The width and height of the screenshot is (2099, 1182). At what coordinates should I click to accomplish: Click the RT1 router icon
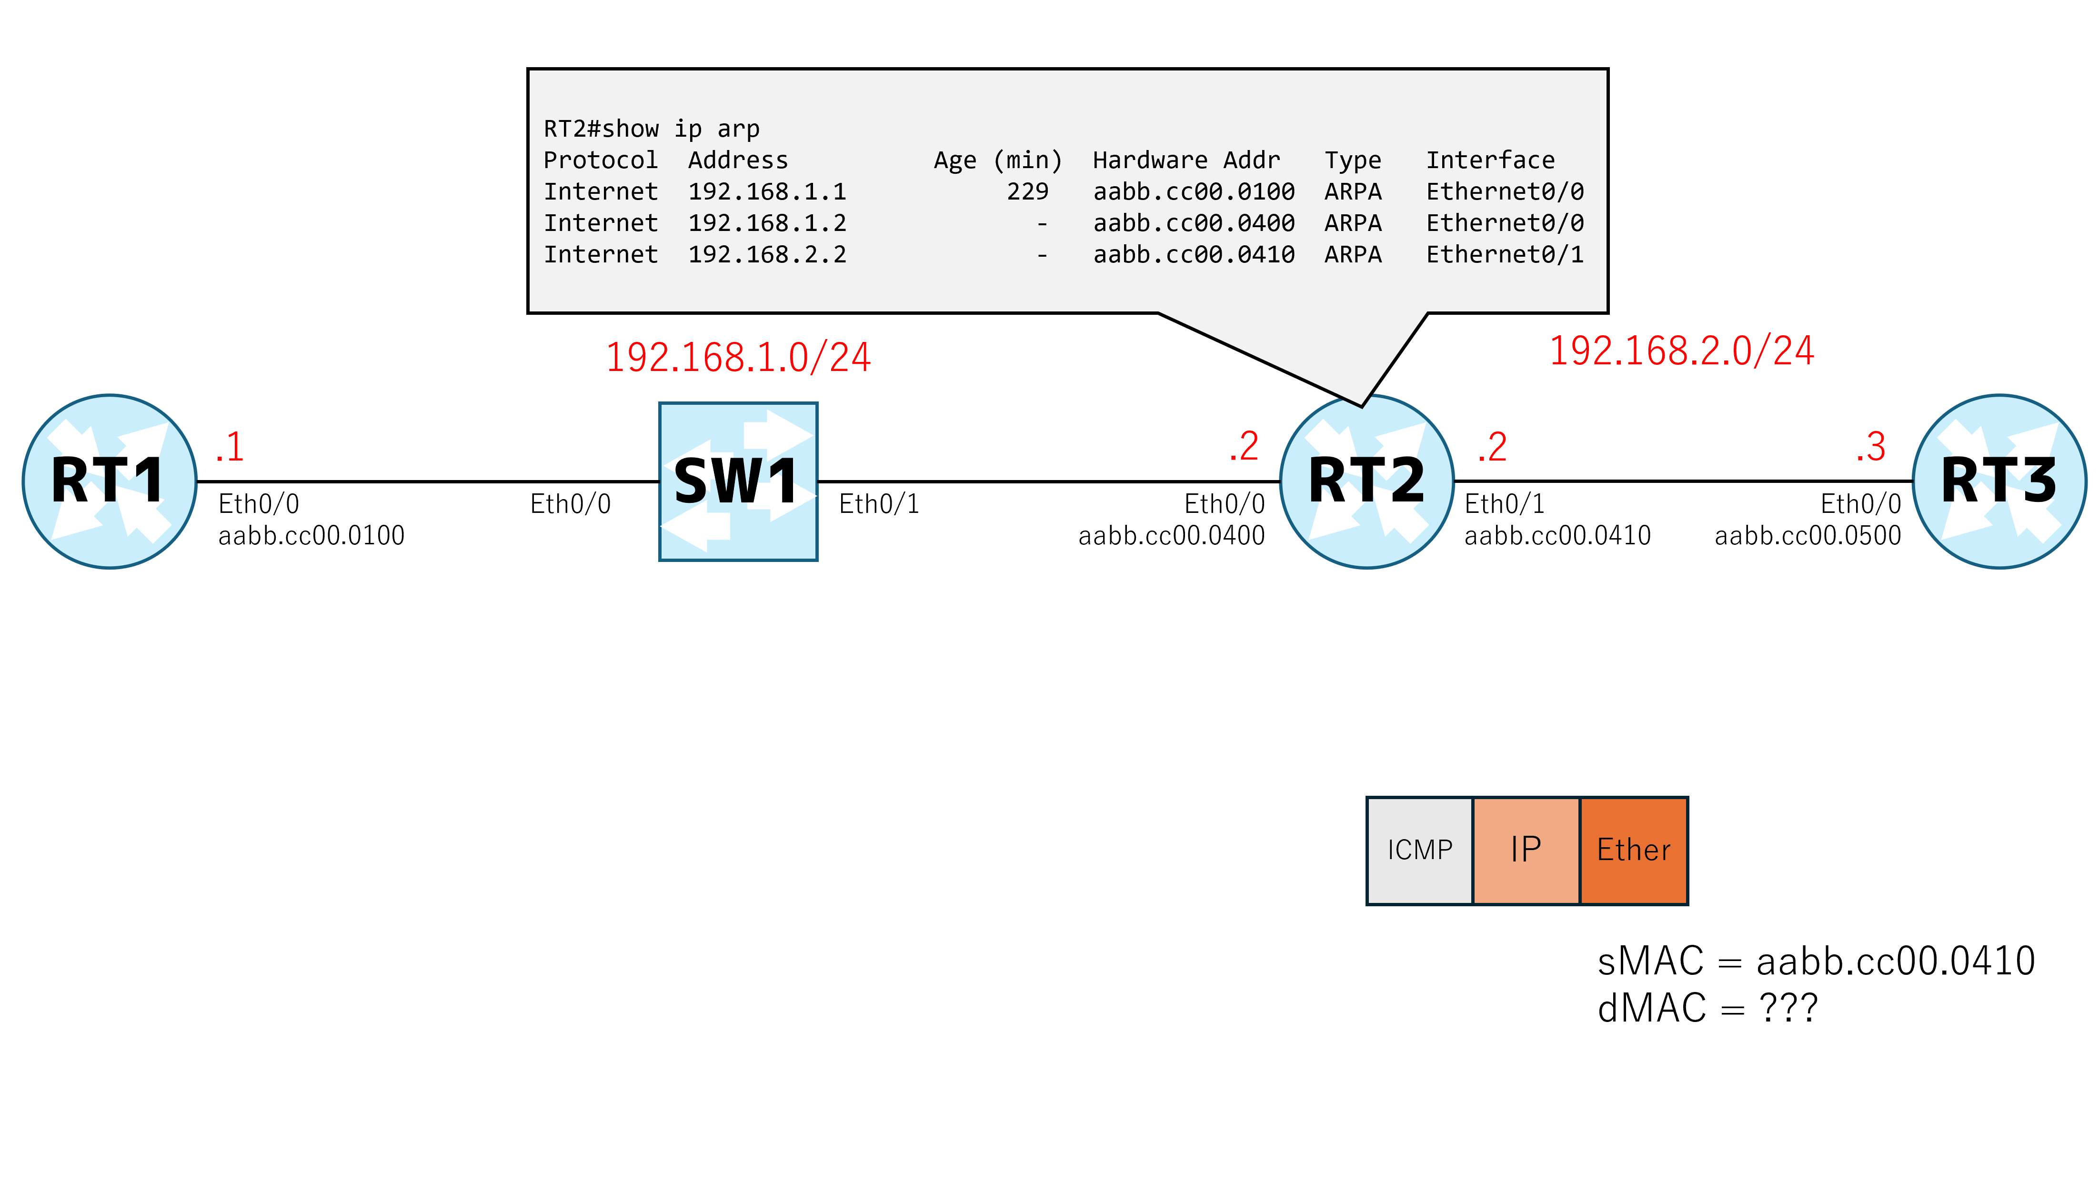pos(109,481)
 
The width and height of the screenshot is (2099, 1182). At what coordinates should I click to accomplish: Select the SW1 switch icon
pos(738,481)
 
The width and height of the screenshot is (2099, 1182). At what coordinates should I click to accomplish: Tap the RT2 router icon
pos(1367,481)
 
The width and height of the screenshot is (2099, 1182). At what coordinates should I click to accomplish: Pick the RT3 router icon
pos(1999,481)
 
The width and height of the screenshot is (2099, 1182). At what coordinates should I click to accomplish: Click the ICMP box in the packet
pos(1420,851)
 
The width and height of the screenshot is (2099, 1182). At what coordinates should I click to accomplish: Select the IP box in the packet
pos(1526,851)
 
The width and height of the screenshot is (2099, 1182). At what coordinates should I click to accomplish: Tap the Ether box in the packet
pos(1634,851)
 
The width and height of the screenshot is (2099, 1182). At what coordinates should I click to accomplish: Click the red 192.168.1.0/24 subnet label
pos(738,358)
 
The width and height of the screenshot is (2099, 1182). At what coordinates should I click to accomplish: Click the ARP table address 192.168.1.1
pos(768,191)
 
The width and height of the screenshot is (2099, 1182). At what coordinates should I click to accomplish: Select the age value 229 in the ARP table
pos(1027,191)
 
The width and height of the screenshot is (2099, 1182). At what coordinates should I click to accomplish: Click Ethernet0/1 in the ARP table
pos(1505,254)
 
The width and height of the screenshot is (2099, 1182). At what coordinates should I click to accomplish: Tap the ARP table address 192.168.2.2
pos(768,254)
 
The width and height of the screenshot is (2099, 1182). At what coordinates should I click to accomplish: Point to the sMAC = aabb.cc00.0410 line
pos(1816,961)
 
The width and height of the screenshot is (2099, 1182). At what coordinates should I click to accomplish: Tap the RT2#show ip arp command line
pos(652,129)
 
